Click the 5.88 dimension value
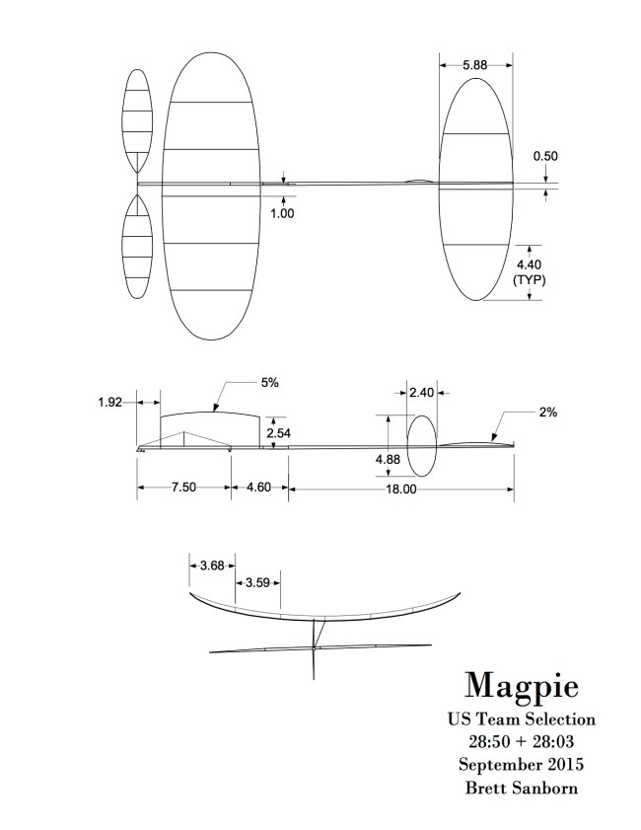point(475,65)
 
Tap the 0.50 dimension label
point(544,156)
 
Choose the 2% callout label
point(548,414)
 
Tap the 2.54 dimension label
point(281,431)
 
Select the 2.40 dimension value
point(422,392)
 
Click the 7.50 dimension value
point(184,488)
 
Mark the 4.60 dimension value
point(259,488)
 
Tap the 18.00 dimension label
point(401,489)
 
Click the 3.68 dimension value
point(211,566)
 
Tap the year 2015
point(567,763)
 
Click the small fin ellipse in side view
point(422,446)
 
